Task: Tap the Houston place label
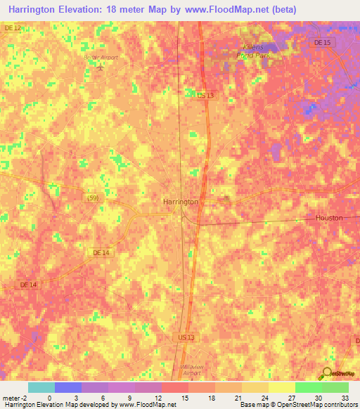[x=328, y=218]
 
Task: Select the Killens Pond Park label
[x=251, y=51]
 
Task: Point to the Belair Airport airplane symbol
[x=101, y=68]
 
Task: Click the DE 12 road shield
[x=12, y=27]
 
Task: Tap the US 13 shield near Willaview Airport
[x=185, y=337]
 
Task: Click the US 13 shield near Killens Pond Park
[x=205, y=95]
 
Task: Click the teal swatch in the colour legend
[x=41, y=388]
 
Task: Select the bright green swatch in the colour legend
[x=308, y=388]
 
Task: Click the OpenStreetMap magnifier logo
[x=328, y=373]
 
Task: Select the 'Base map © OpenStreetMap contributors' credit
[x=297, y=405]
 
